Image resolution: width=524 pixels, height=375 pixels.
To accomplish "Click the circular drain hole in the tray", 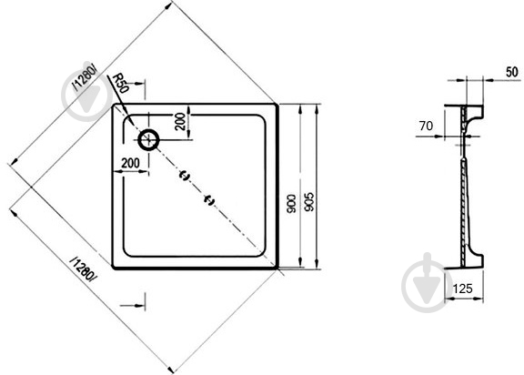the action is [x=148, y=140].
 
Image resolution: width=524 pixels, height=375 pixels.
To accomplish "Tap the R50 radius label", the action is [x=120, y=84].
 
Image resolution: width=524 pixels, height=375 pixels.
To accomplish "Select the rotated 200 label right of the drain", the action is [x=180, y=121].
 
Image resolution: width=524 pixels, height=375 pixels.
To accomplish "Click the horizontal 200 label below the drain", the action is [x=130, y=163].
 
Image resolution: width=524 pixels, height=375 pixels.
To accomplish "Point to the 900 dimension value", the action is [x=291, y=204].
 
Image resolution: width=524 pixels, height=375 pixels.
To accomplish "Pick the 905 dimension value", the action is [x=309, y=201].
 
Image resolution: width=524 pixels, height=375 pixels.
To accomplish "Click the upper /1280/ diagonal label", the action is [x=86, y=77].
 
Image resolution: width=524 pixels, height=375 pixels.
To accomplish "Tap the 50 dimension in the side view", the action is [x=511, y=72].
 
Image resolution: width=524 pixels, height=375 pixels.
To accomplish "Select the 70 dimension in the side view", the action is [x=426, y=126].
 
